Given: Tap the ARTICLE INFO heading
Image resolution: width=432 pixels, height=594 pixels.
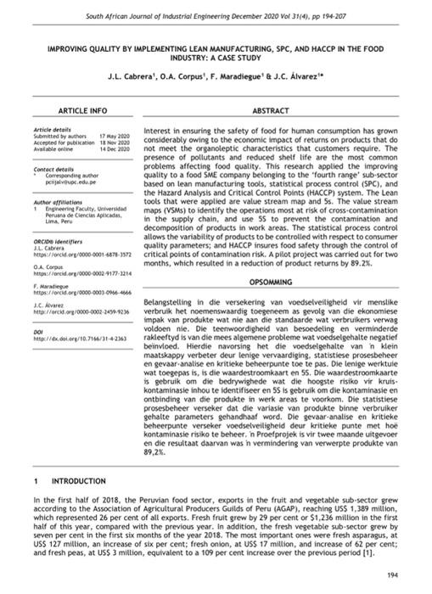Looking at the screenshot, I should point(81,110).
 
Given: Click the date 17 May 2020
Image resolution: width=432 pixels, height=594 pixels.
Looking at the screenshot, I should point(114,137).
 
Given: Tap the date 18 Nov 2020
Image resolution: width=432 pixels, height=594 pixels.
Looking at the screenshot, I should point(114,143).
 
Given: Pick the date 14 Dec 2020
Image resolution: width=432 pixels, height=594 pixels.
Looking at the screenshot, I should point(114,148).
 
